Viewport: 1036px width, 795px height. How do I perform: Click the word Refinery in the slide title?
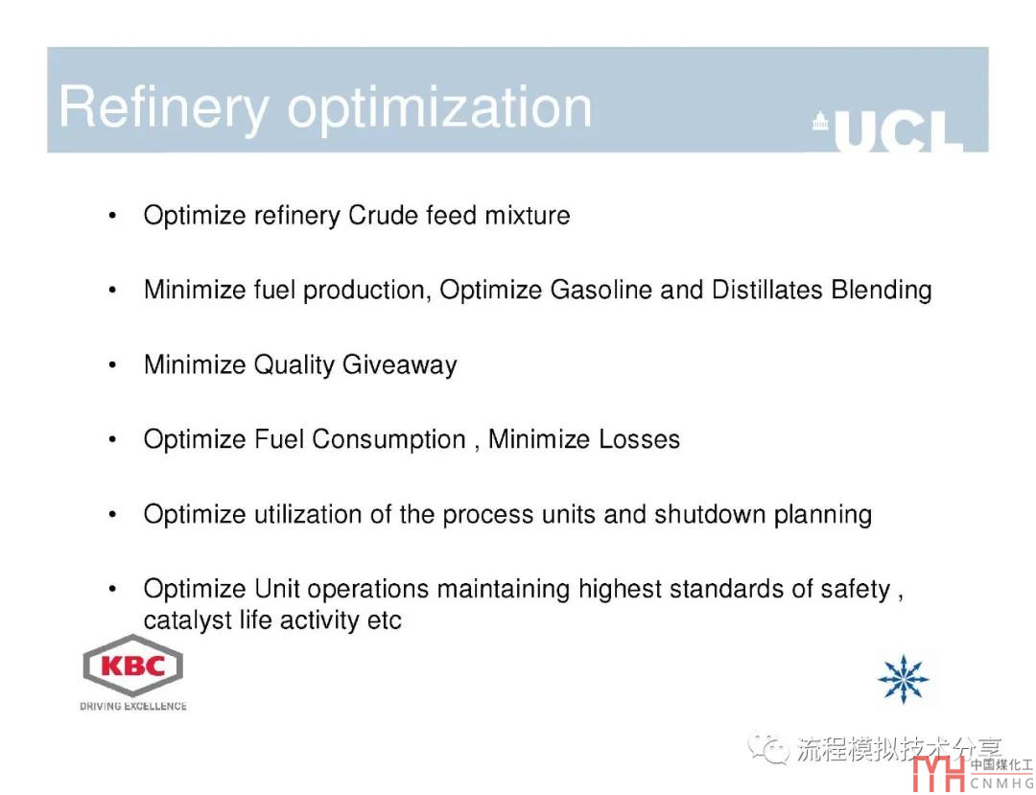[164, 108]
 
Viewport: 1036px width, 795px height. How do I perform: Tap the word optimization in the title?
[439, 108]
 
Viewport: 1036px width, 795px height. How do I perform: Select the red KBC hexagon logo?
[132, 665]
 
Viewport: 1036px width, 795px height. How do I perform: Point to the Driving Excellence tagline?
[132, 706]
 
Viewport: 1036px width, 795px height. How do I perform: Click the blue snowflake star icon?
[903, 679]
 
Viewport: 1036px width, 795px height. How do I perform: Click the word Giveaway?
[400, 365]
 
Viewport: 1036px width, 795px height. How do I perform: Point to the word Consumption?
[388, 440]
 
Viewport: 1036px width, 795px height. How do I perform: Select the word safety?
[855, 590]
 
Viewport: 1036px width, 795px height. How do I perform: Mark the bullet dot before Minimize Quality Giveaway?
[112, 365]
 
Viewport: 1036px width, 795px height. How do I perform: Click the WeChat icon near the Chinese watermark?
[768, 748]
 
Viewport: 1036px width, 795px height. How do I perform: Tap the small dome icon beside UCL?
[820, 121]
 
